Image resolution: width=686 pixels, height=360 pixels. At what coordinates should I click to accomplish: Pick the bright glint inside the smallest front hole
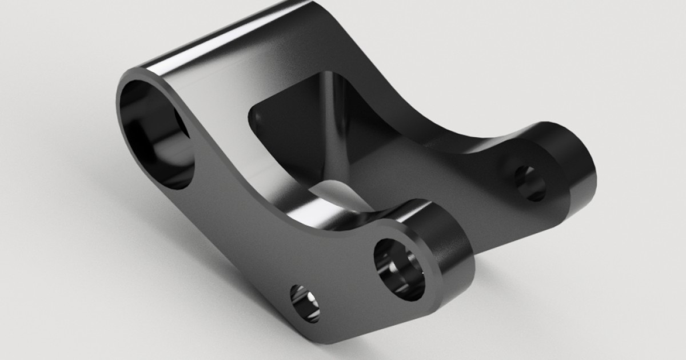(309, 299)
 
